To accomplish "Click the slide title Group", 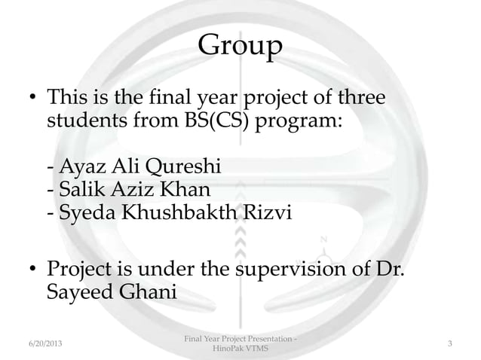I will click(x=240, y=47).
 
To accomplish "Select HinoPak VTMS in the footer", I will click(x=240, y=350).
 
